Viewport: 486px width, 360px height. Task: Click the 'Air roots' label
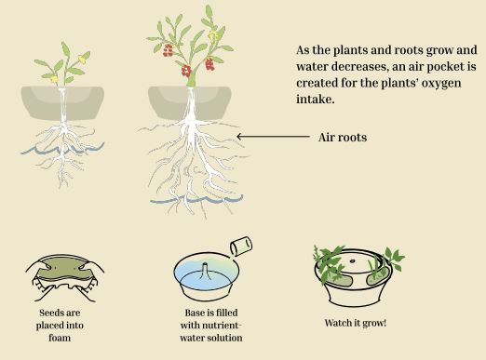[343, 137]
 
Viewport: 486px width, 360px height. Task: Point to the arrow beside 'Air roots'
[273, 136]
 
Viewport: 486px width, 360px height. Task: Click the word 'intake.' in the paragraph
[316, 100]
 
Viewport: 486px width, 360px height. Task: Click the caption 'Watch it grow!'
[356, 323]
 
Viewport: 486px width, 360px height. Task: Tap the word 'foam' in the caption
[60, 338]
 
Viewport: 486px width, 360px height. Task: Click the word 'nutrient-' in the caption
[222, 326]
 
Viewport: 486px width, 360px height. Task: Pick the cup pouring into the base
[241, 247]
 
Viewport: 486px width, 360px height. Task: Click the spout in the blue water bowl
[205, 271]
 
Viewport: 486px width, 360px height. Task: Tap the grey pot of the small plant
[62, 103]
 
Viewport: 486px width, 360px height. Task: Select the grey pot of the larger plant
[190, 103]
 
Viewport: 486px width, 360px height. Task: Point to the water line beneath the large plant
[196, 199]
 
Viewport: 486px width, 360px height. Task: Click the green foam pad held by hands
[64, 269]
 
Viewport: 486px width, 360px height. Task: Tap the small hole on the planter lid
[352, 260]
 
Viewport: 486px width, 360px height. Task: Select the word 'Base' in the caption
[194, 313]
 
